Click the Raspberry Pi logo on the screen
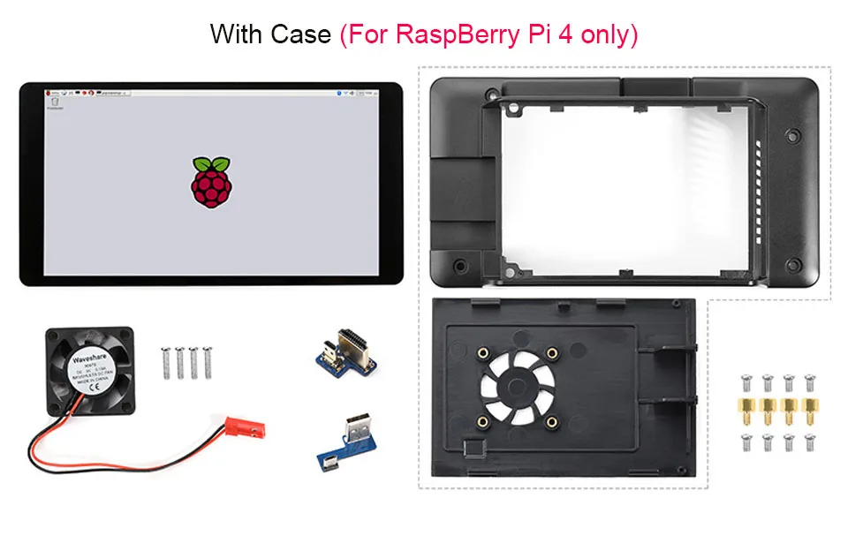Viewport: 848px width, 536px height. coord(211,182)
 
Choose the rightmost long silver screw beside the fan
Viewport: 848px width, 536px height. coord(208,361)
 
